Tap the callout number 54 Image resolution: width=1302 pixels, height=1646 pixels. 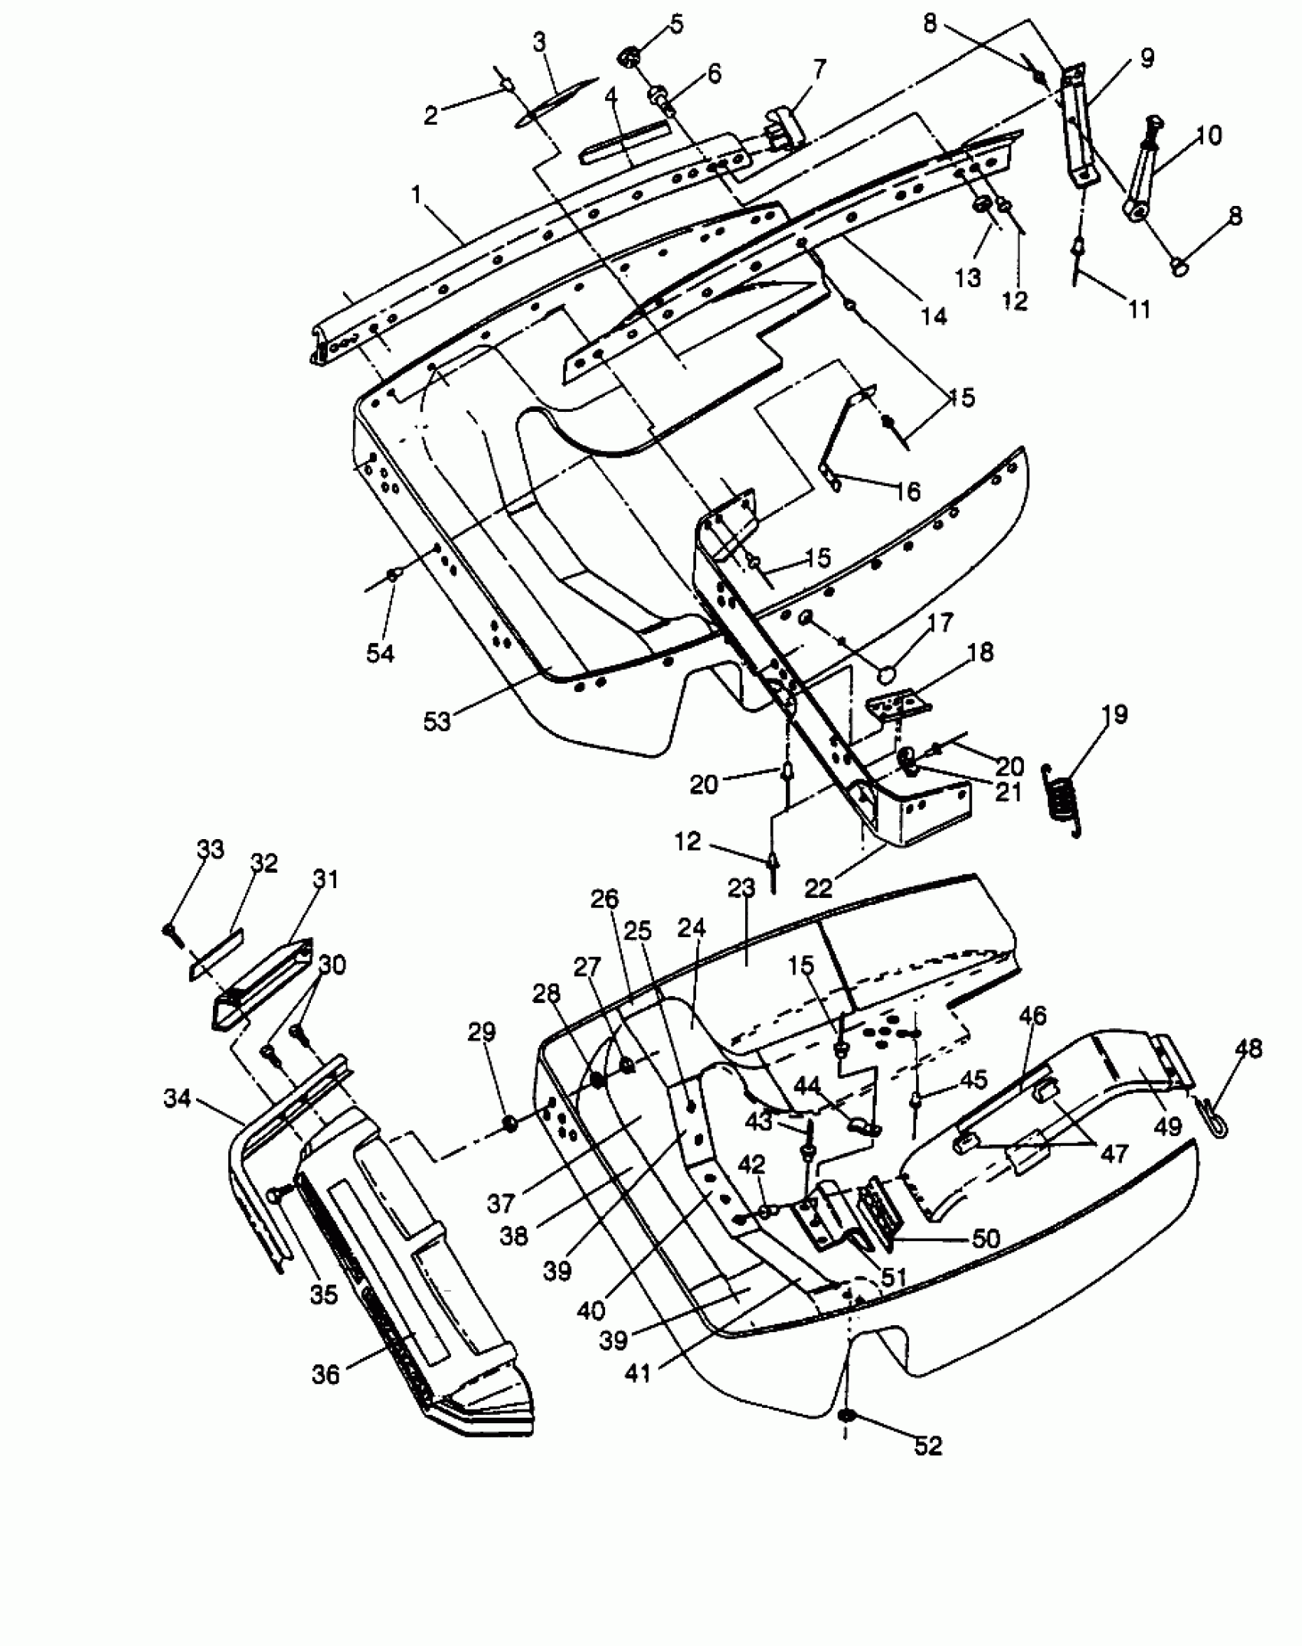click(x=381, y=653)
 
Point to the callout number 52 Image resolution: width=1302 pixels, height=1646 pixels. click(x=928, y=1445)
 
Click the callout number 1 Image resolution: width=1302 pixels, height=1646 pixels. click(x=417, y=195)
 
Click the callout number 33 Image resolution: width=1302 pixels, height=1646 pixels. click(x=211, y=849)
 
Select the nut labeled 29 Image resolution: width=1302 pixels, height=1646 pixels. click(x=509, y=1123)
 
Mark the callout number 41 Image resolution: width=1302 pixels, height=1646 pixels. click(x=638, y=1373)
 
